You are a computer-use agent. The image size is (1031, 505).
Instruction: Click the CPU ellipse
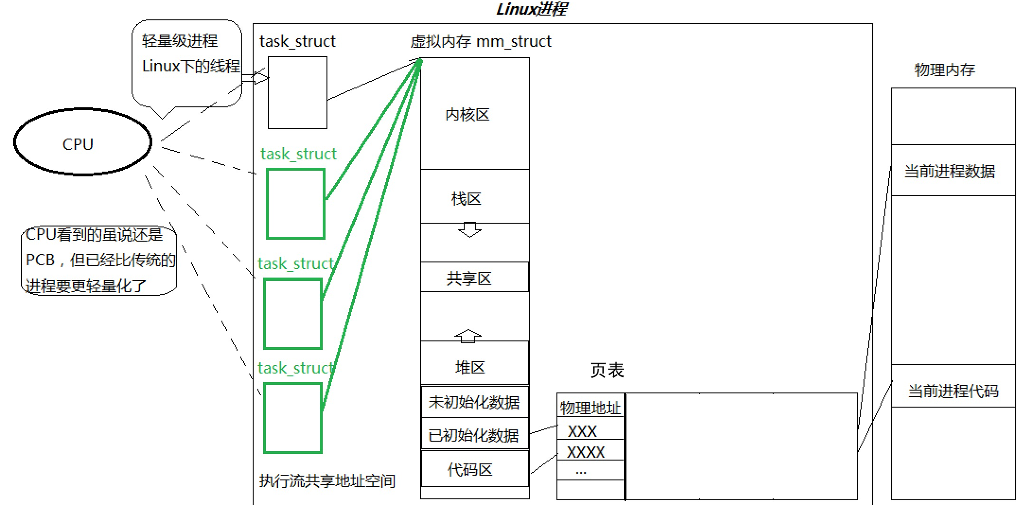click(x=82, y=142)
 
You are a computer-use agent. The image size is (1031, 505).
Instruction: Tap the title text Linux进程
click(x=531, y=9)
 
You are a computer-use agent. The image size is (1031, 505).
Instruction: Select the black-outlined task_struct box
click(x=297, y=93)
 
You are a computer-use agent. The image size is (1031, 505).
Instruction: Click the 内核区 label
click(x=467, y=115)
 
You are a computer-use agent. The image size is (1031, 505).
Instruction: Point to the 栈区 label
click(x=466, y=199)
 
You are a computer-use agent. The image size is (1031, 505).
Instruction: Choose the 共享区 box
click(x=474, y=278)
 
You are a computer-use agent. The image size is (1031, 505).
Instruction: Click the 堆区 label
click(x=470, y=367)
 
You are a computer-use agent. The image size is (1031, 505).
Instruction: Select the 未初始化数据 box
click(x=474, y=402)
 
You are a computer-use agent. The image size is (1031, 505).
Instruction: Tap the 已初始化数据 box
click(x=474, y=435)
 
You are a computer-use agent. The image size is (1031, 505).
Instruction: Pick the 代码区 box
click(x=474, y=469)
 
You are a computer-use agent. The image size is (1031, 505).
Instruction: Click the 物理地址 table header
click(x=590, y=407)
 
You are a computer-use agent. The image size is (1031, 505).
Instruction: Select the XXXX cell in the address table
click(x=586, y=452)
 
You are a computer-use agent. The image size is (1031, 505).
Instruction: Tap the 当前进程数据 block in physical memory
click(x=952, y=171)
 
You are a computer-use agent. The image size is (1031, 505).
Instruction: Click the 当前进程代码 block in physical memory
click(x=952, y=391)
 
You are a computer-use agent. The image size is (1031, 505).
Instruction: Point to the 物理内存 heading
click(x=944, y=70)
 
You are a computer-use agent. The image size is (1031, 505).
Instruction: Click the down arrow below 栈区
click(x=469, y=230)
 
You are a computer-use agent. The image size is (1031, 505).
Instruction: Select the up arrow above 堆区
click(x=468, y=335)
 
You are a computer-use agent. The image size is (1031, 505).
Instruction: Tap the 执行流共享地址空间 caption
click(x=327, y=481)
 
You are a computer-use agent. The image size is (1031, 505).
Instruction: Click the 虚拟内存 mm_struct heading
click(x=480, y=42)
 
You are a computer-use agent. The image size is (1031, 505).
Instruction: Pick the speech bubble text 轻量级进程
click(x=180, y=41)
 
